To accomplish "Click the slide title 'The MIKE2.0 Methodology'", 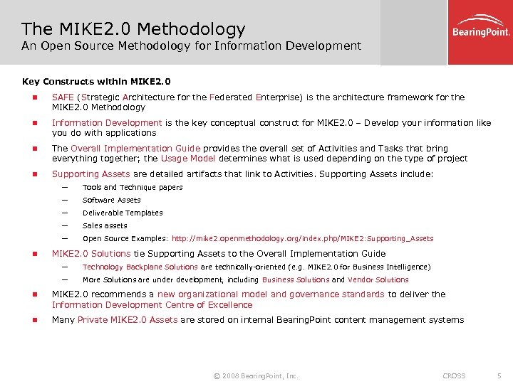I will click(x=133, y=29).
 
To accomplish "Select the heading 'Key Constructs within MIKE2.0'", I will click(x=97, y=81).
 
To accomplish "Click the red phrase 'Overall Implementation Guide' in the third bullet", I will click(x=135, y=149).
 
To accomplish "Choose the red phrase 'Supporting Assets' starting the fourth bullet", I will click(x=91, y=174).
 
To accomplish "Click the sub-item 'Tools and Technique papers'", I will click(x=133, y=188).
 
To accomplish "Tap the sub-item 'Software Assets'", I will click(x=112, y=201).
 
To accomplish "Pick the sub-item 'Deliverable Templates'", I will click(x=123, y=213).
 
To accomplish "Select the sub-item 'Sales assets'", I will click(x=105, y=226).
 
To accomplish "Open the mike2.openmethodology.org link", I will click(x=302, y=239).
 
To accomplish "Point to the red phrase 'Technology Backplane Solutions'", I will click(x=140, y=267).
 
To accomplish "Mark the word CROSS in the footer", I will click(x=454, y=375).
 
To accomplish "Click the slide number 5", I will click(x=499, y=375).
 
